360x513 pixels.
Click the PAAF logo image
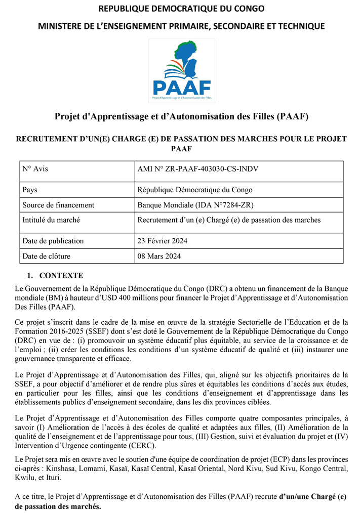point(181,71)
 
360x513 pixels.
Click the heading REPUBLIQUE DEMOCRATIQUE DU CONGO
point(181,9)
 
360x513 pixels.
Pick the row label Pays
point(30,190)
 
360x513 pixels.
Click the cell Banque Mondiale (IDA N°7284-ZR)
point(195,205)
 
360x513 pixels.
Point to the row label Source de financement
point(58,205)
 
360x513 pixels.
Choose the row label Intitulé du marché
point(51,220)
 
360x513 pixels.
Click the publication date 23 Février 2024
point(163,241)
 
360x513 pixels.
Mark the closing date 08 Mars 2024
point(159,256)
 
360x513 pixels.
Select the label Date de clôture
point(47,256)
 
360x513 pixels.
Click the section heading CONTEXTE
point(61,276)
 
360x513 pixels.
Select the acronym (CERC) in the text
point(142,445)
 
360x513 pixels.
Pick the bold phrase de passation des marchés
point(58,506)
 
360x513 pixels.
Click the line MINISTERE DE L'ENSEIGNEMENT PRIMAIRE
point(181,25)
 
